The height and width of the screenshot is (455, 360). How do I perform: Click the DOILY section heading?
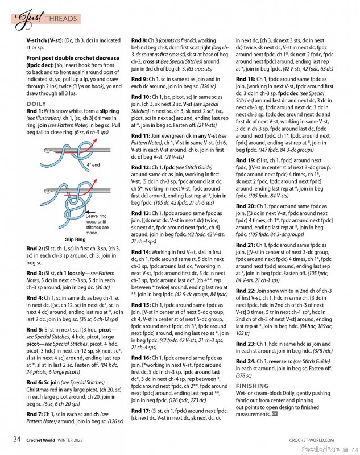coord(36,104)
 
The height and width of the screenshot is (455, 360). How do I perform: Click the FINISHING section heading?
coord(252,386)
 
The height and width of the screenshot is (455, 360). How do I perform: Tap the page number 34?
coord(18,440)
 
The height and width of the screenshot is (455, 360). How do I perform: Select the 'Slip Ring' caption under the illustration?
coord(75,239)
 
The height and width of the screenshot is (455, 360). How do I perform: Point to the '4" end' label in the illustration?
coord(93,164)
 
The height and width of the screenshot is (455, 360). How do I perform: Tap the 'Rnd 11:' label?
coord(142,136)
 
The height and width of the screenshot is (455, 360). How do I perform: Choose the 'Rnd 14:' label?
coord(142,251)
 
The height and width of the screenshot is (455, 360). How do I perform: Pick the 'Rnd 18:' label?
coord(246,78)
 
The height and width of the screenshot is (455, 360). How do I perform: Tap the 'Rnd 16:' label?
coord(142,357)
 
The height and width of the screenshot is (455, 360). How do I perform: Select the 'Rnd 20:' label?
coord(246,205)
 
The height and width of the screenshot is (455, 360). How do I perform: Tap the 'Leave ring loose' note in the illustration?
coord(98,216)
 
